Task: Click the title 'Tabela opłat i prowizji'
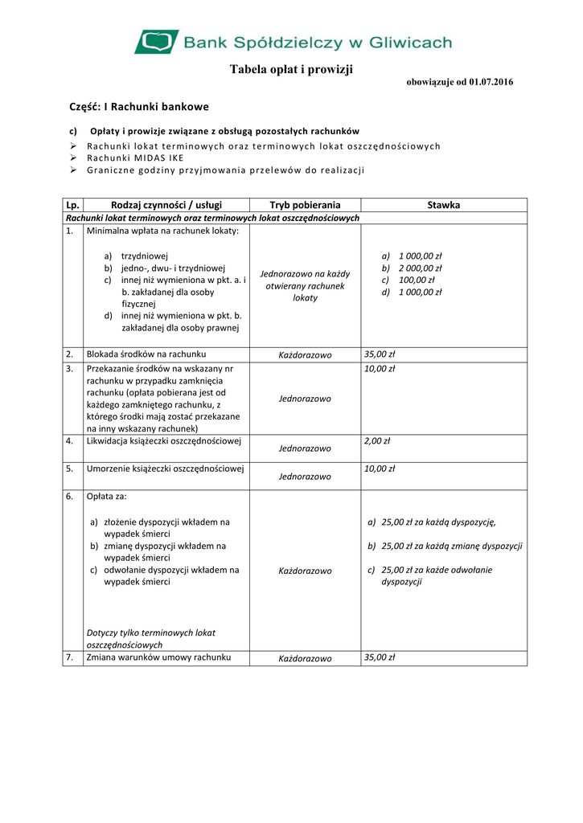pos(291,70)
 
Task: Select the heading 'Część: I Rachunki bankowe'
pos(138,107)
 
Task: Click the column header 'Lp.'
pos(72,205)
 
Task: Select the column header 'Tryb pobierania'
pos(305,205)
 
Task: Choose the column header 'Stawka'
pos(444,205)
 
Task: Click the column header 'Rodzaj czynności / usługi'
pos(166,205)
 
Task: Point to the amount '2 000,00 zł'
pos(420,268)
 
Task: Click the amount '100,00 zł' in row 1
pos(417,280)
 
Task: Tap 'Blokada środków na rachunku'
pos(146,354)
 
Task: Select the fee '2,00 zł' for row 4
pos(377,441)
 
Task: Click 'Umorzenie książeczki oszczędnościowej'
pos(166,469)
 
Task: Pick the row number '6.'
pos(70,497)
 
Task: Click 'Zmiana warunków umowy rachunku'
pos(158,657)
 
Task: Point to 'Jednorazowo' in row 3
pos(305,399)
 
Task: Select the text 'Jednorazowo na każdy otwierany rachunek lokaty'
pos(305,285)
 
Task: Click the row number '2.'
pos(70,354)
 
